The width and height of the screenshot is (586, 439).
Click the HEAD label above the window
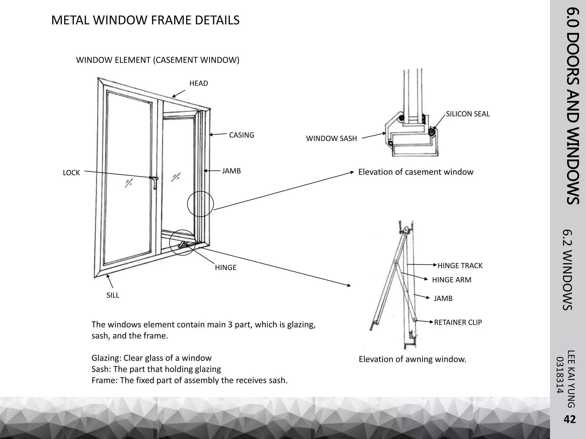tap(199, 83)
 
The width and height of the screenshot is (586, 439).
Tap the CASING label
tap(241, 135)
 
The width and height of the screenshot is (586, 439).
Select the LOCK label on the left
tap(71, 173)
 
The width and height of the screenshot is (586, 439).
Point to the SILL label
tap(113, 295)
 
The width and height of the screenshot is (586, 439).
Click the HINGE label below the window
tap(225, 268)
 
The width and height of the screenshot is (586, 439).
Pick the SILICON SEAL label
tap(468, 114)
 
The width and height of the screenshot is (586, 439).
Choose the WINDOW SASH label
tap(331, 139)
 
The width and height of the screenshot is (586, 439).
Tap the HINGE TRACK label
tap(460, 266)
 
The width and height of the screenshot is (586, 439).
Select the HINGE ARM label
tap(452, 280)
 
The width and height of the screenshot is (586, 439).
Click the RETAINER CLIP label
tap(458, 322)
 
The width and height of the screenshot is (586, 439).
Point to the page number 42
tap(569, 419)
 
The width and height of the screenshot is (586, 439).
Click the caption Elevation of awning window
tap(412, 359)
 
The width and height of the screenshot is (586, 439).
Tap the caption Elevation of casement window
tap(415, 172)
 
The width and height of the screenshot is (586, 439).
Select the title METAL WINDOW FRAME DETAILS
tap(145, 20)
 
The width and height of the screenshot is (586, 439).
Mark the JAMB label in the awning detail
tap(443, 298)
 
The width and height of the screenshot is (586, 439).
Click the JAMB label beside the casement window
tap(231, 171)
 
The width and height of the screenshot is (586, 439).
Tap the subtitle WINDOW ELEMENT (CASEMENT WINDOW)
tap(157, 60)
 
